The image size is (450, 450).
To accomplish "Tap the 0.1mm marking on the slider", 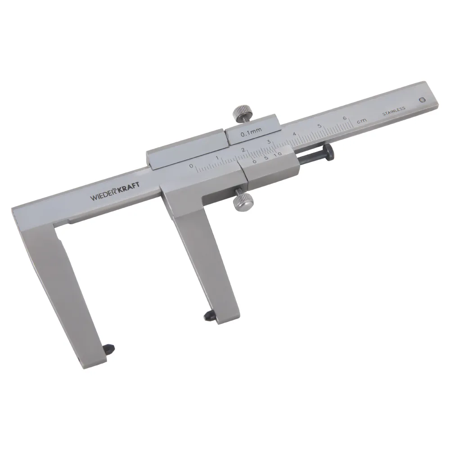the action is point(252,132).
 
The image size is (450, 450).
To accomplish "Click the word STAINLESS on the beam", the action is point(394,111).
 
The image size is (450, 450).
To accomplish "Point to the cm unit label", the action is point(362,121).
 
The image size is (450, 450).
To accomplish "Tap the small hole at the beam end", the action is point(422,100).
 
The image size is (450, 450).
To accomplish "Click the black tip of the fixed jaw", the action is point(110,348).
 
